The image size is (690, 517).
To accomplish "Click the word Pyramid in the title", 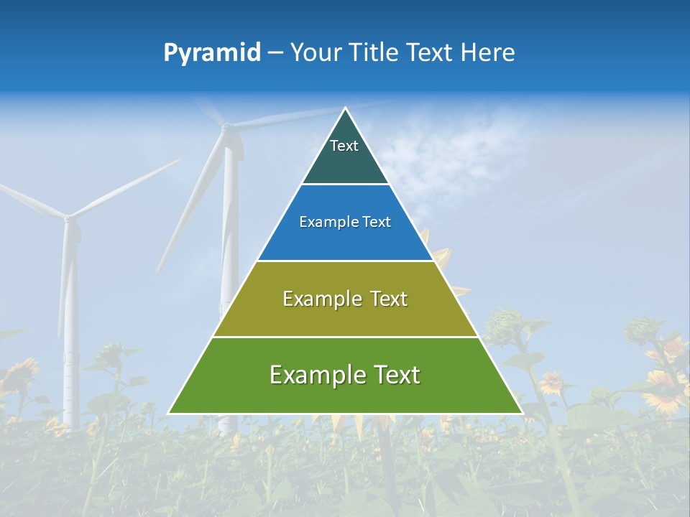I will coord(211,53).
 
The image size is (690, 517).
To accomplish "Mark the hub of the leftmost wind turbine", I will coord(68,217).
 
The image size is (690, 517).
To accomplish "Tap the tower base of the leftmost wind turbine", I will coord(70,420).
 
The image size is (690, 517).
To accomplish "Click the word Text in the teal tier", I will coord(344,146).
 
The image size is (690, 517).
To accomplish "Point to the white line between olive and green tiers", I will coord(345,337).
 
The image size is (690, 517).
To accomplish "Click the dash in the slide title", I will coord(275,53).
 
